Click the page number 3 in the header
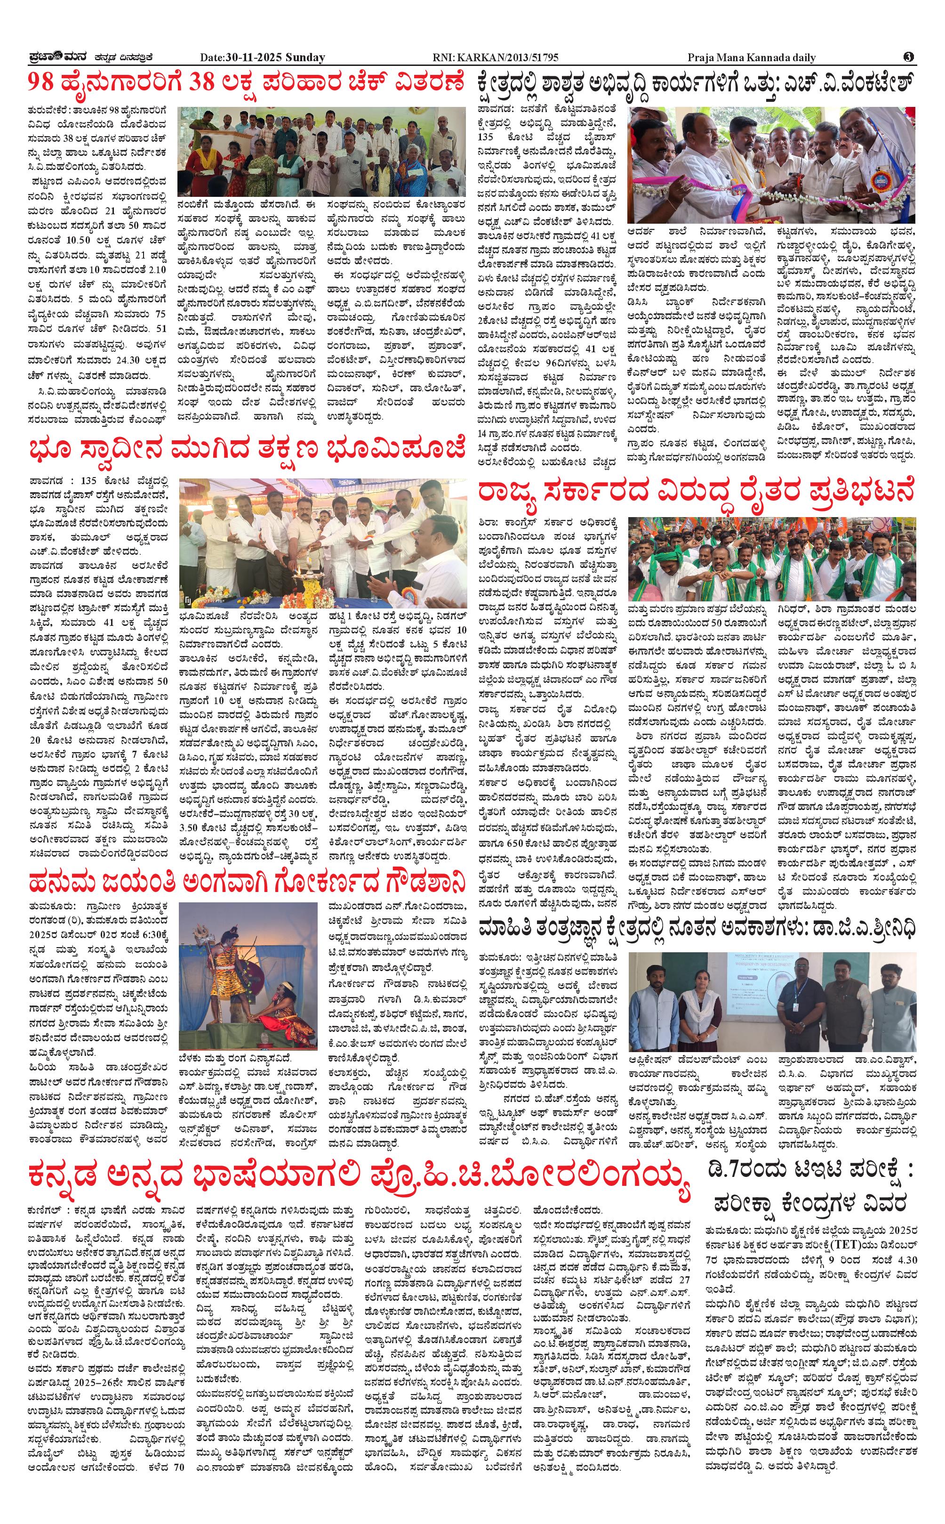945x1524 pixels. pos(909,57)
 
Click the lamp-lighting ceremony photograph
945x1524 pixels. pos(322,543)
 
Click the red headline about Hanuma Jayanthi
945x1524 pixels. pos(248,883)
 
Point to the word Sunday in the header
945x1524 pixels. pos(305,57)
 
